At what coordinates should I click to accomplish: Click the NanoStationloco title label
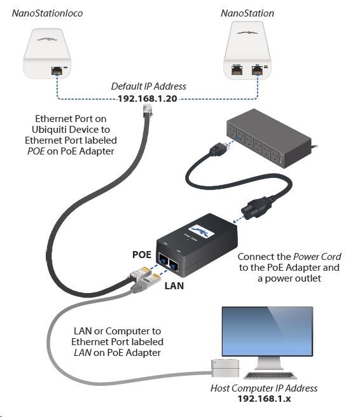point(47,13)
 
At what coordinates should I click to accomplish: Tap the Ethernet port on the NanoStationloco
point(57,71)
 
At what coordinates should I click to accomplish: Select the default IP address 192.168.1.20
point(148,99)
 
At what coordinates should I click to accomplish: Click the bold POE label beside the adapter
point(142,254)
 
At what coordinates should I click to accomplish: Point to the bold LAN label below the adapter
point(174,286)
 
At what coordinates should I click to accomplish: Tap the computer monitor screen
point(267,331)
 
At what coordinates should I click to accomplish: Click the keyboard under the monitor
point(270,375)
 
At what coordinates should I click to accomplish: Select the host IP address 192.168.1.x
point(264,399)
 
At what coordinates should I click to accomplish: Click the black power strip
point(269,139)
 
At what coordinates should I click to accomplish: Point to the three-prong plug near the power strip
point(219,149)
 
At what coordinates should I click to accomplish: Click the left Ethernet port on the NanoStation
point(237,70)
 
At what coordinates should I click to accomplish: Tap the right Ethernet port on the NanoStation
point(258,70)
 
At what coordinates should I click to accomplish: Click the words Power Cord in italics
point(317,257)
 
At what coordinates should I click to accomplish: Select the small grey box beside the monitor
point(225,368)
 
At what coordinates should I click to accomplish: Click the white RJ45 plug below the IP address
point(148,111)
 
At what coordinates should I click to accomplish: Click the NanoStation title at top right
point(247,13)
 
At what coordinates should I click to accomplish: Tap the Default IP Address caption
point(148,86)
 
